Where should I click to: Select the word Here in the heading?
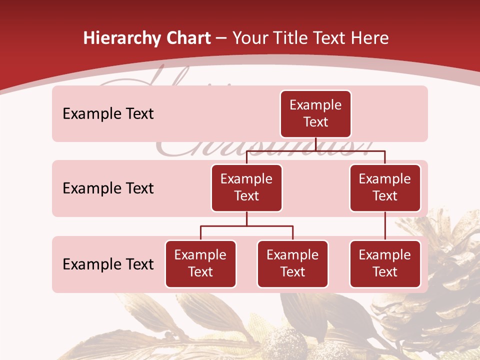click(369, 38)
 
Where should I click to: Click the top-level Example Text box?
click(315, 113)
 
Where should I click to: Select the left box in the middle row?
click(246, 187)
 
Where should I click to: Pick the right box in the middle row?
click(385, 187)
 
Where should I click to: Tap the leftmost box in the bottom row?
click(200, 263)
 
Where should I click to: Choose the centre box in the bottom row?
click(292, 263)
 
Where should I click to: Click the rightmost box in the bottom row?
click(385, 263)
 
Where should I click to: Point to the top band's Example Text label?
click(108, 114)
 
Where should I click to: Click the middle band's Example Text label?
click(108, 188)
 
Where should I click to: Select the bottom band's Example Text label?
click(108, 264)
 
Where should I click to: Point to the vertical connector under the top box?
click(315, 144)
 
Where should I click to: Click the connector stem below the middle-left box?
click(246, 219)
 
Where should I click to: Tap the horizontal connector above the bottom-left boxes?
click(246, 226)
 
